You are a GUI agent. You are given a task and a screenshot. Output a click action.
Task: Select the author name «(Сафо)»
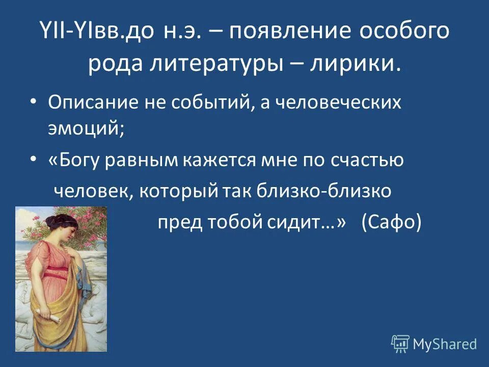(x=391, y=223)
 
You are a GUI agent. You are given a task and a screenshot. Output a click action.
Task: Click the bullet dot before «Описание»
(x=34, y=102)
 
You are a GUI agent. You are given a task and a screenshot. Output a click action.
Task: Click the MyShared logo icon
(x=400, y=344)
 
